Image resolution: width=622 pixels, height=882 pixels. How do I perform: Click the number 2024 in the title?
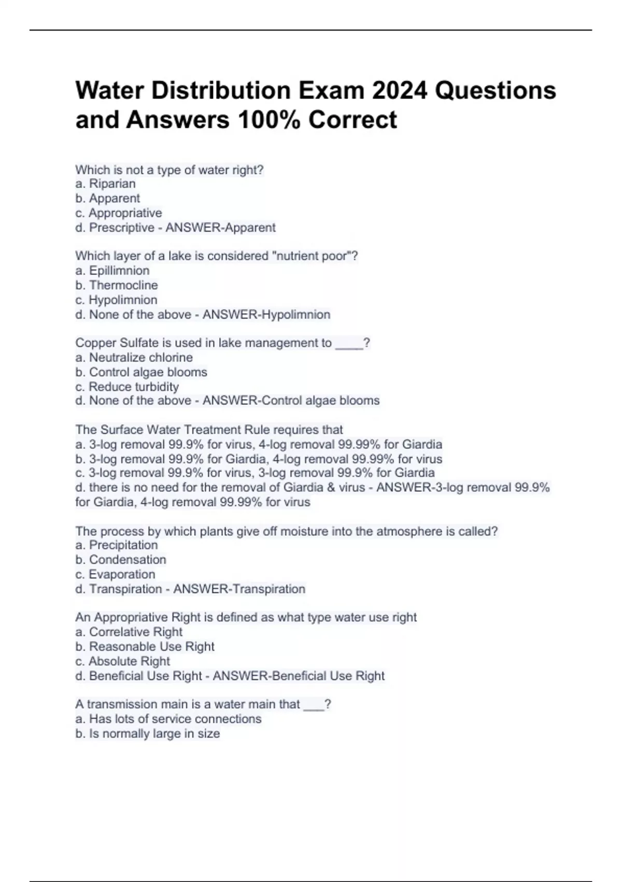tap(400, 90)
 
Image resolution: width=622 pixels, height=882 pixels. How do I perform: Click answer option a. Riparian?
tap(105, 184)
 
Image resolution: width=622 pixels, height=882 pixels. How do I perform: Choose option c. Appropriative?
tap(118, 213)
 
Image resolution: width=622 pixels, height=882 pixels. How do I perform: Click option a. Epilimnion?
tap(112, 270)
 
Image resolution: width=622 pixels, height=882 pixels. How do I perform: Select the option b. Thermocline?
tap(116, 285)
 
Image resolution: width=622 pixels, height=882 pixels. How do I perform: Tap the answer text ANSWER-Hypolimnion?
tap(266, 314)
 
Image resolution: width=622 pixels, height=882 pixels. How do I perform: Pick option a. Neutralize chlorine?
tap(134, 357)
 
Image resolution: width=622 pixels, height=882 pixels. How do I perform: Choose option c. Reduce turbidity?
tap(127, 387)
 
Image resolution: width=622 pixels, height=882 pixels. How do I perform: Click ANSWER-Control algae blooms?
tap(291, 401)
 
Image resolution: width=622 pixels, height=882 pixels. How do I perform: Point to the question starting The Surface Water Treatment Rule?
tap(209, 430)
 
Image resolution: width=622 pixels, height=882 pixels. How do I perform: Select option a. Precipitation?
tap(116, 545)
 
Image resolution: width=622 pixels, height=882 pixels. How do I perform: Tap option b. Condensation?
tap(120, 559)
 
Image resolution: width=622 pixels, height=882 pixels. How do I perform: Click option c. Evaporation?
tap(115, 574)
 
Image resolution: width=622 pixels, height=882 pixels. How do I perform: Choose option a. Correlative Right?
tap(129, 632)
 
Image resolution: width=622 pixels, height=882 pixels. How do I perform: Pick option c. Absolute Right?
tap(122, 661)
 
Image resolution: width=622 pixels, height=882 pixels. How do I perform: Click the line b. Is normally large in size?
tap(147, 734)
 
